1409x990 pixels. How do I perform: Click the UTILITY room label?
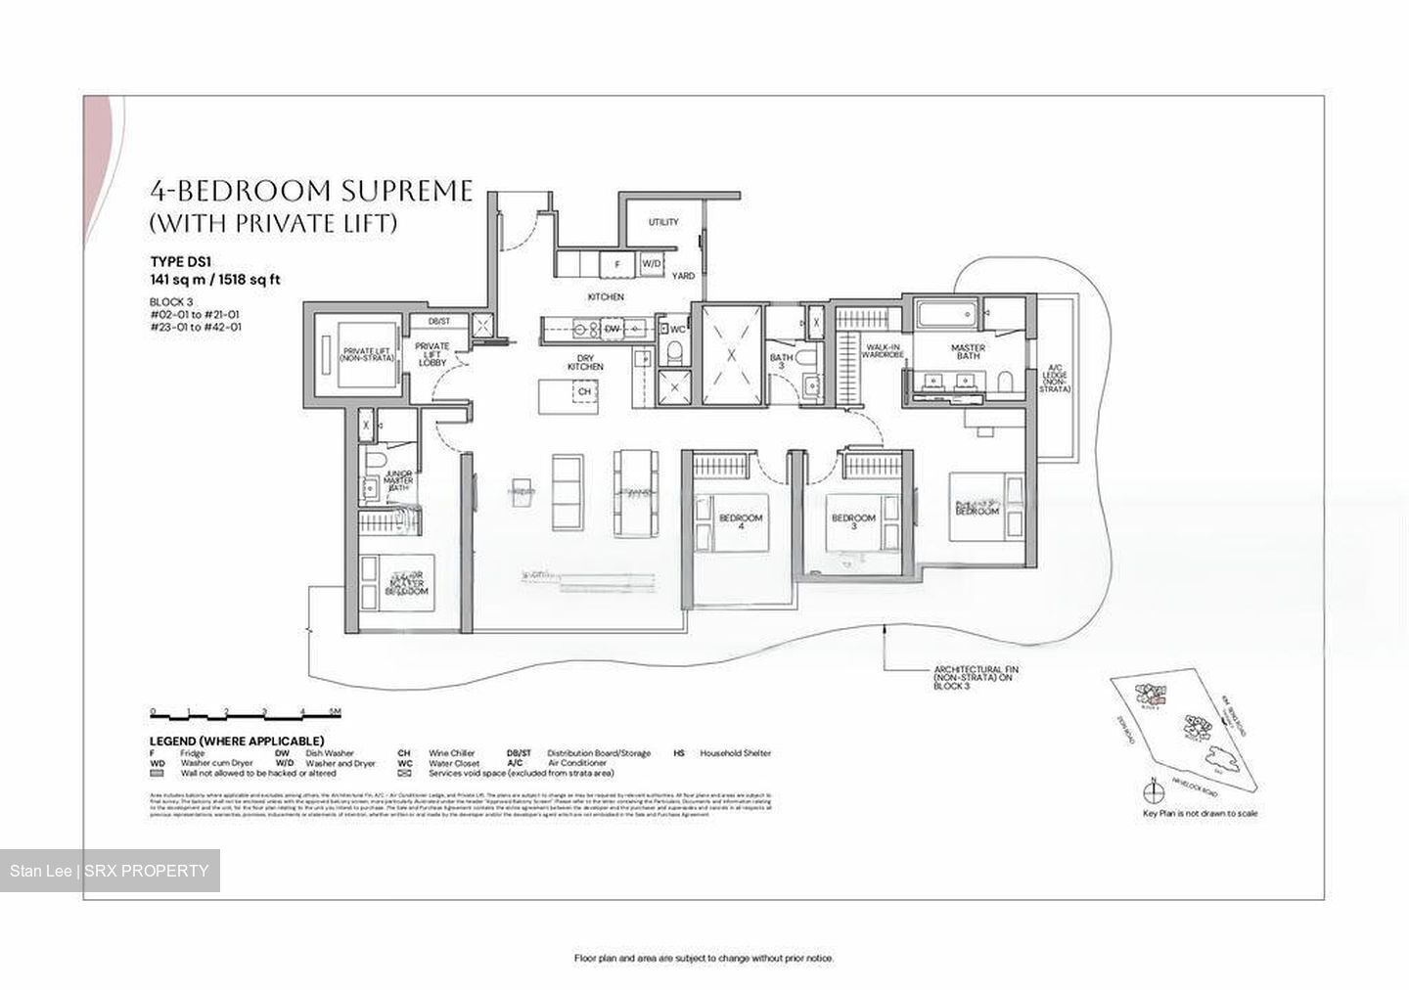pyautogui.click(x=662, y=222)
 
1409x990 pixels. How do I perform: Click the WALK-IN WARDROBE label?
pyautogui.click(x=881, y=350)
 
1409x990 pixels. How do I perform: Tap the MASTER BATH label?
pyautogui.click(x=967, y=352)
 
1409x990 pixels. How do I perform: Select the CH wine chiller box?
pyautogui.click(x=584, y=391)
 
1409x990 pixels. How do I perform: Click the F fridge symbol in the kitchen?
pyautogui.click(x=616, y=264)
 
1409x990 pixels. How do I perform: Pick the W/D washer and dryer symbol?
pyautogui.click(x=652, y=264)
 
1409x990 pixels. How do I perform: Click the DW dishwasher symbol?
pyautogui.click(x=612, y=329)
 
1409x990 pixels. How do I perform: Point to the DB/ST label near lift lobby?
pyautogui.click(x=439, y=321)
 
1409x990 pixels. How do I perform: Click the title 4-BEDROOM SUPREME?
pyautogui.click(x=311, y=190)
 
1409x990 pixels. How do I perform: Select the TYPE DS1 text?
pyautogui.click(x=180, y=261)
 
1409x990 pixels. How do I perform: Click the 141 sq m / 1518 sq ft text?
pyautogui.click(x=215, y=279)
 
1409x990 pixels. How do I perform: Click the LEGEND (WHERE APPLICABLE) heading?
pyautogui.click(x=236, y=741)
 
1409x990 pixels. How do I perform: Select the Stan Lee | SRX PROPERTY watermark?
pyautogui.click(x=110, y=871)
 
